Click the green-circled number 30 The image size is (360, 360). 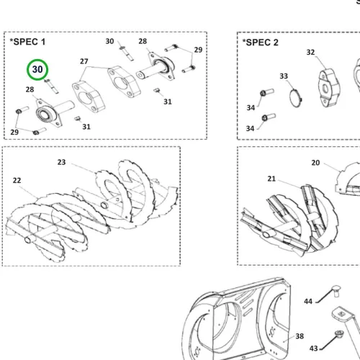[x=37, y=70]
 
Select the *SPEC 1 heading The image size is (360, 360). [x=27, y=42]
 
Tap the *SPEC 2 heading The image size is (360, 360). [x=260, y=42]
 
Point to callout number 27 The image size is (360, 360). [x=84, y=61]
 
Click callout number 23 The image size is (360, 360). [x=61, y=162]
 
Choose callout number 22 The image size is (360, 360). [x=17, y=181]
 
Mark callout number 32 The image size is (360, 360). [x=310, y=53]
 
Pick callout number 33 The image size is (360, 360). [x=284, y=76]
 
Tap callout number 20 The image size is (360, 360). [x=315, y=163]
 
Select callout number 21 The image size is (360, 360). [x=271, y=179]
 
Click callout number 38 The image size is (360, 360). [x=300, y=336]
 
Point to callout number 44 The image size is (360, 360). [x=308, y=302]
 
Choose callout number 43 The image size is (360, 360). [x=314, y=348]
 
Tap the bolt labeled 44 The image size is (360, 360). [x=336, y=291]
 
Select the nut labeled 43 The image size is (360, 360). [x=339, y=333]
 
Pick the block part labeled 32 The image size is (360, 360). [x=328, y=88]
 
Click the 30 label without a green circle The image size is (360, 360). [x=109, y=41]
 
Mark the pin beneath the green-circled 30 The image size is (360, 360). [x=51, y=86]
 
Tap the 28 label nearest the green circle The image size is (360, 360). [x=30, y=89]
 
